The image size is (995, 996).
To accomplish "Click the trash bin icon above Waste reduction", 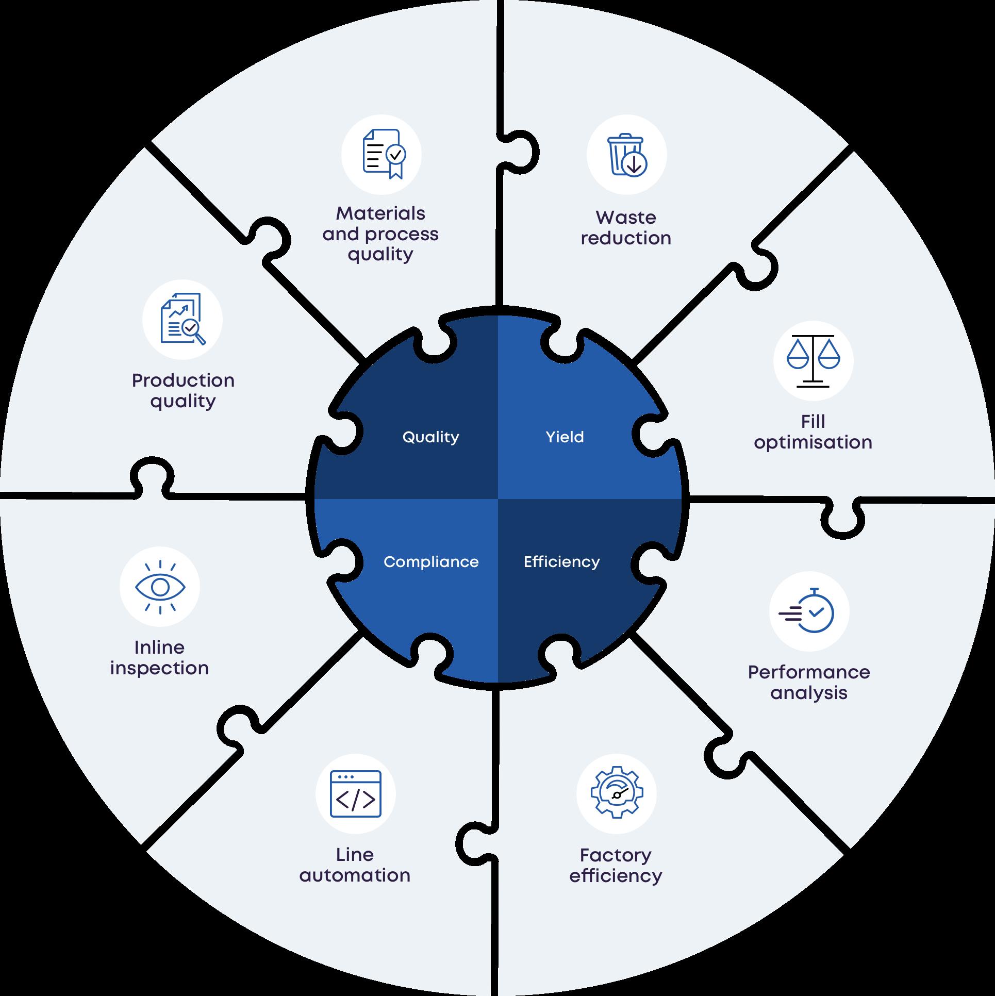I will pyautogui.click(x=626, y=155).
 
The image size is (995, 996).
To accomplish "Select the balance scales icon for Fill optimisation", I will pyautogui.click(x=813, y=360).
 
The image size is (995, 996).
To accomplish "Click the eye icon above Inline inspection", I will pyautogui.click(x=160, y=587).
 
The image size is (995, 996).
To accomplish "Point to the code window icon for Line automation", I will pyautogui.click(x=356, y=794).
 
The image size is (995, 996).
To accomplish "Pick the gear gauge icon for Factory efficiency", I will pyautogui.click(x=617, y=794).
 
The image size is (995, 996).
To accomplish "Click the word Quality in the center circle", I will pyautogui.click(x=430, y=437).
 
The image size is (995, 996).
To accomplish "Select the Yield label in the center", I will pyautogui.click(x=565, y=437).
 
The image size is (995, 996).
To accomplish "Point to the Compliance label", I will pyautogui.click(x=431, y=561).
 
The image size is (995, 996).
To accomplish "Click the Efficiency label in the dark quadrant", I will pyautogui.click(x=561, y=561).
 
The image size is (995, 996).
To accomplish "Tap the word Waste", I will pyautogui.click(x=626, y=218).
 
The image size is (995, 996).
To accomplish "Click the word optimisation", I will pyautogui.click(x=813, y=442).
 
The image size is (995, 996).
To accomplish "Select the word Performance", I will pyautogui.click(x=809, y=672).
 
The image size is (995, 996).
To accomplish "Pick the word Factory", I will pyautogui.click(x=616, y=855).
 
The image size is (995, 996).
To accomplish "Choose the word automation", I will pyautogui.click(x=355, y=875).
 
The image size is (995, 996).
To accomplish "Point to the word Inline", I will pyautogui.click(x=159, y=648).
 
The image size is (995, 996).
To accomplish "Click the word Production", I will pyautogui.click(x=183, y=380).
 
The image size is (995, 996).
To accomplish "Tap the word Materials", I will pyautogui.click(x=380, y=213).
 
